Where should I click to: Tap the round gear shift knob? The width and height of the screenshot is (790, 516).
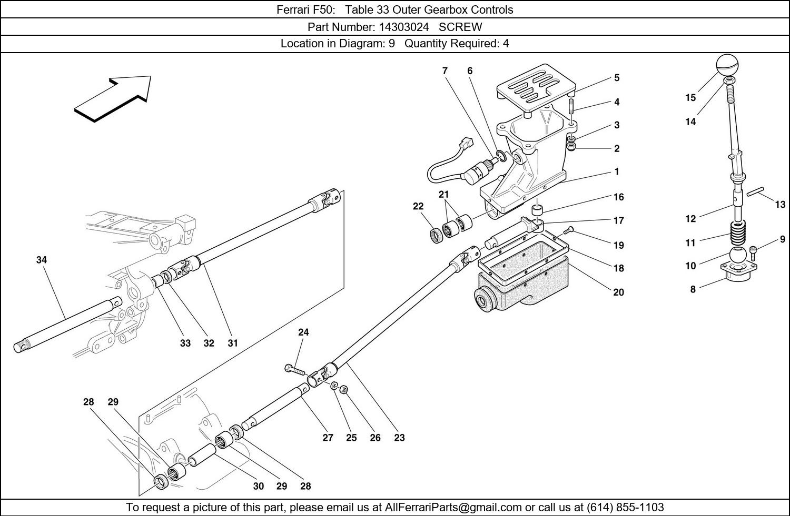(727, 65)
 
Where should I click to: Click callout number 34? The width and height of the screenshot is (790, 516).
(42, 260)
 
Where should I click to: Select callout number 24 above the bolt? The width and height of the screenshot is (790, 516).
(303, 332)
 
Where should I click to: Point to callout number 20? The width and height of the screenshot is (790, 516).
(618, 292)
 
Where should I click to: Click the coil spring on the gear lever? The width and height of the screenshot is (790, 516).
(737, 231)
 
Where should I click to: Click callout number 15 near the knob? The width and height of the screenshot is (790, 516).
(690, 97)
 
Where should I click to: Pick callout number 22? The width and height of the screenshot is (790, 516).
(418, 207)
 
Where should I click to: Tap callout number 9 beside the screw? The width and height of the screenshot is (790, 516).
(783, 240)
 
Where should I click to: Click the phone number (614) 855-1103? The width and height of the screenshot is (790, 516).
(625, 508)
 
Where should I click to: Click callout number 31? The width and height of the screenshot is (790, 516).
(233, 343)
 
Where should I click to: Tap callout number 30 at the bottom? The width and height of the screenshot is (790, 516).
(258, 486)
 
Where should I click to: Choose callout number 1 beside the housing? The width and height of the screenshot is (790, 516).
(617, 171)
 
